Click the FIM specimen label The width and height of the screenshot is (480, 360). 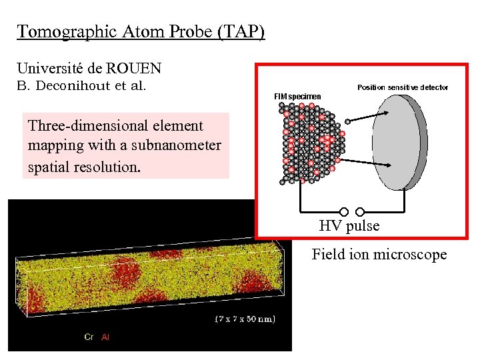(297, 97)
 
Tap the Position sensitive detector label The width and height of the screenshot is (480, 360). (403, 87)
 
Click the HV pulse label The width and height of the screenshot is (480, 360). (349, 226)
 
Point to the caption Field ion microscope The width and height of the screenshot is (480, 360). (379, 255)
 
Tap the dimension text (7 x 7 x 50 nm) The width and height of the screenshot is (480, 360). (245, 319)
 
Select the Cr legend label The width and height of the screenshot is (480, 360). (89, 337)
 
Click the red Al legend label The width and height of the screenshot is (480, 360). (105, 337)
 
